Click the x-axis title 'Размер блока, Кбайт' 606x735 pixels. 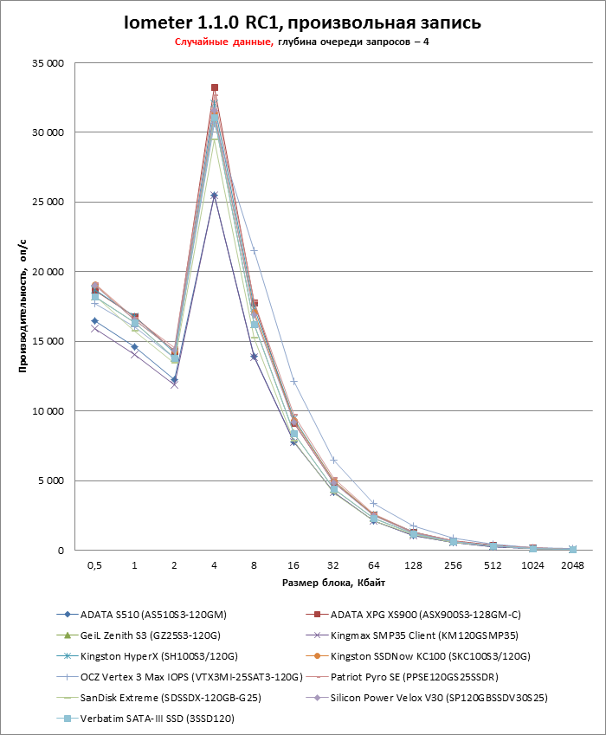click(333, 582)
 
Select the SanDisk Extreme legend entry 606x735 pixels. click(172, 697)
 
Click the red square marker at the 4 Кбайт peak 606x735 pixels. click(214, 87)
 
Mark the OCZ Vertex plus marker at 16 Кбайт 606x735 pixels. click(293, 381)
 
